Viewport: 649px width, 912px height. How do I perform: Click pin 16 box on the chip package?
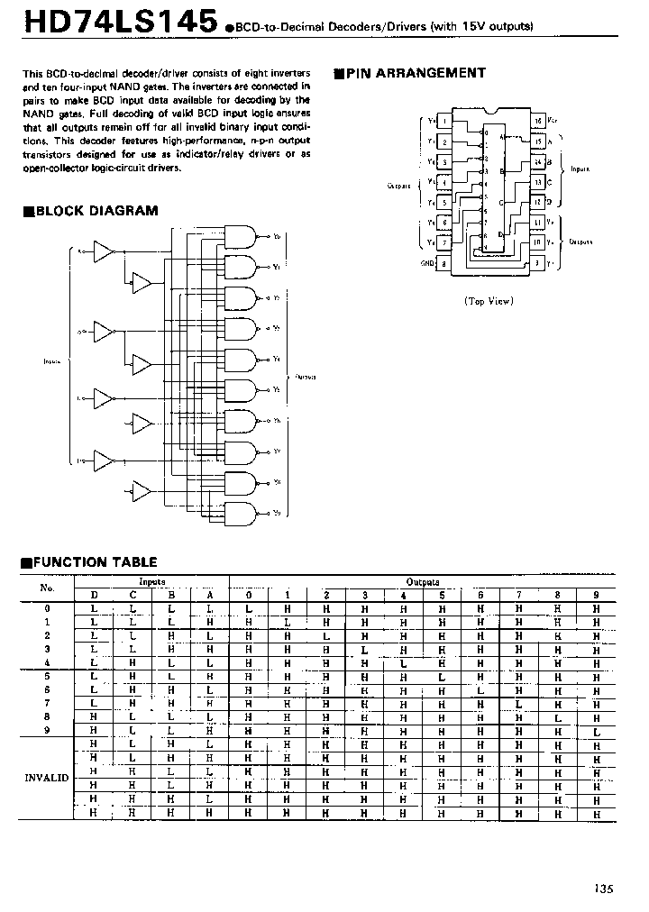538,120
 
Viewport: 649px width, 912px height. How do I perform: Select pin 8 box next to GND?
444,263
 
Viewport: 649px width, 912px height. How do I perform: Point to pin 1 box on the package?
444,120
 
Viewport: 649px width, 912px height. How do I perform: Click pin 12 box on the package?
538,202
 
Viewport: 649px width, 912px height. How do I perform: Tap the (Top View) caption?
488,301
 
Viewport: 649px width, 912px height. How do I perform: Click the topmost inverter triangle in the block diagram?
105,251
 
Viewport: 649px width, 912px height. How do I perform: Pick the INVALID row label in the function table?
46,776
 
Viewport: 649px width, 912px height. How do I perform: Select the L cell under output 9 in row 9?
596,731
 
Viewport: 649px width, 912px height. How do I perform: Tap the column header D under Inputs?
94,595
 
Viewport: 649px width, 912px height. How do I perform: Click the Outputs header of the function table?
422,582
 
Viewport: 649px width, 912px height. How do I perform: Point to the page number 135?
603,888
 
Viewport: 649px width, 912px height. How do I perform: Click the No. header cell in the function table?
47,588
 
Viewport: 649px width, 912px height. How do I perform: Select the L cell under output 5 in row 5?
442,677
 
